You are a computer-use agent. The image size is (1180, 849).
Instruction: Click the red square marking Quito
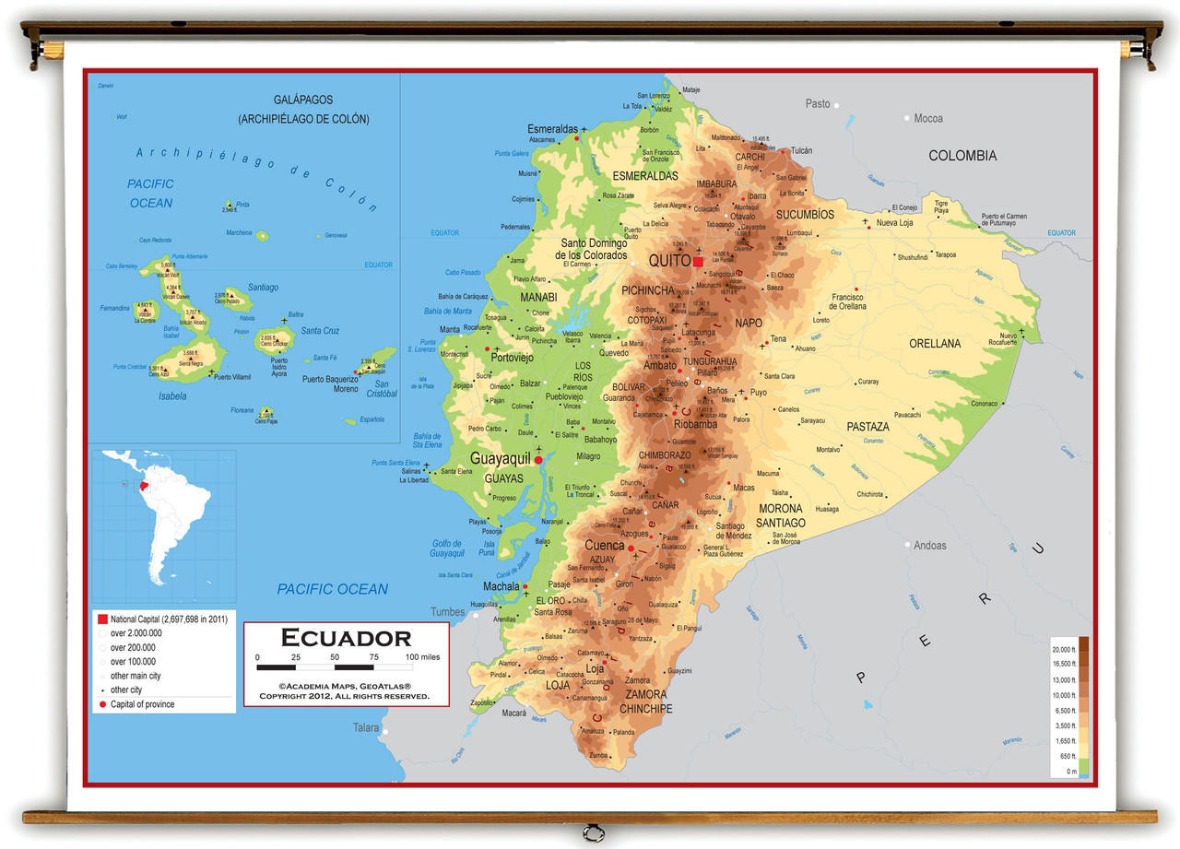[698, 262]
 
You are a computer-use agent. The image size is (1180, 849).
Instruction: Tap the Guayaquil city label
[500, 458]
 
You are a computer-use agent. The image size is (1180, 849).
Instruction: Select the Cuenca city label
[604, 546]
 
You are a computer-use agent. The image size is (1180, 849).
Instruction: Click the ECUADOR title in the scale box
[346, 638]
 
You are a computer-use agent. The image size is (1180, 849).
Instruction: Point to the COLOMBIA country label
[962, 156]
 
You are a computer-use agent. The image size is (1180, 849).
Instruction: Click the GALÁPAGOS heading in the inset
[303, 100]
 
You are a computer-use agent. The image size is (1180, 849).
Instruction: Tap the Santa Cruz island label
[320, 331]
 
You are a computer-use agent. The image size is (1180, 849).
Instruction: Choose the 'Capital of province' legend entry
[142, 704]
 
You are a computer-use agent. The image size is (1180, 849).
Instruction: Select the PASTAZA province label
[868, 427]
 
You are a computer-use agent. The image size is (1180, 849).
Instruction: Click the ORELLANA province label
[935, 344]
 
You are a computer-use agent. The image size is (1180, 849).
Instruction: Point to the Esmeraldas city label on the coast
[552, 129]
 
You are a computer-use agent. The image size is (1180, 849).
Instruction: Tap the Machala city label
[501, 586]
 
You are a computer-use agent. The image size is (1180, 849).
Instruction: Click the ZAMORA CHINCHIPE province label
[645, 702]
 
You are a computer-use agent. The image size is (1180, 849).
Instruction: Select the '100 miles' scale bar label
[422, 656]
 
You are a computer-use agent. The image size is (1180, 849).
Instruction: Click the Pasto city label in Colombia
[818, 104]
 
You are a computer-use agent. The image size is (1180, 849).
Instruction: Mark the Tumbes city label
[448, 612]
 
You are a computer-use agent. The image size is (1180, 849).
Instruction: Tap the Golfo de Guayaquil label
[447, 548]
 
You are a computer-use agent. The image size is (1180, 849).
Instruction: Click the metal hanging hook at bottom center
[590, 832]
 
